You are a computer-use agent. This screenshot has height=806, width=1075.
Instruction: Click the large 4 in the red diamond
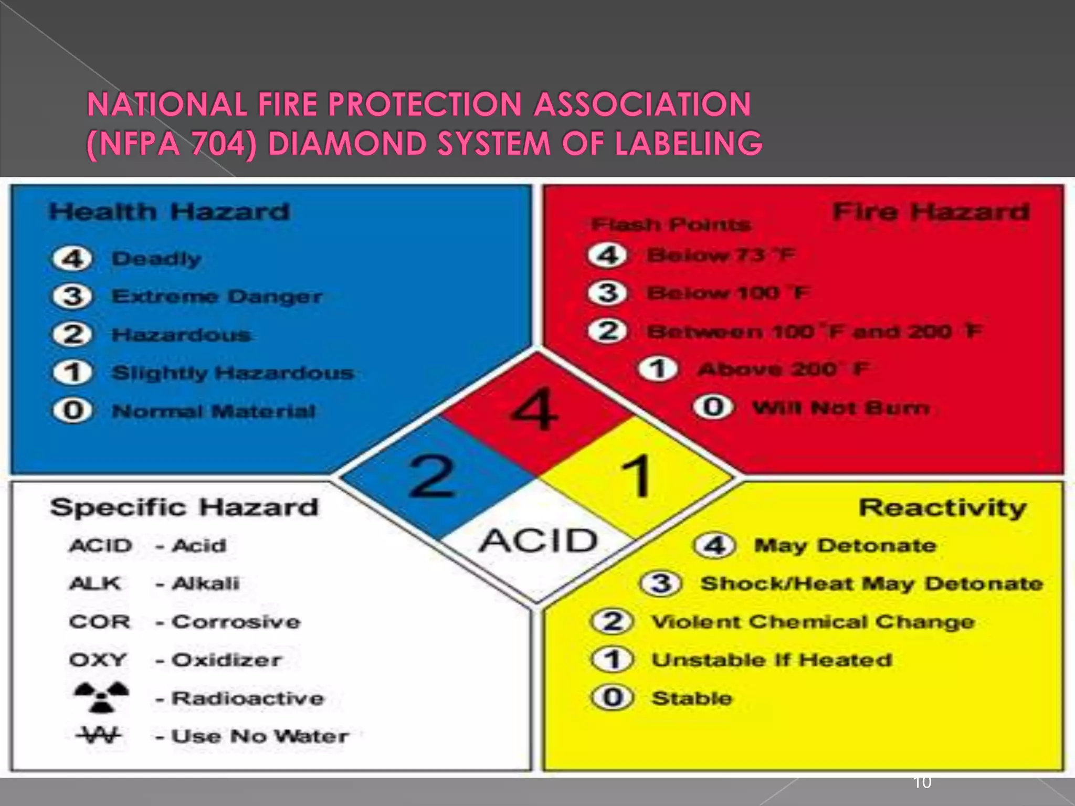pyautogui.click(x=534, y=410)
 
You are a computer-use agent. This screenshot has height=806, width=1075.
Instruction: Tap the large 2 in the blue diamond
pyautogui.click(x=432, y=476)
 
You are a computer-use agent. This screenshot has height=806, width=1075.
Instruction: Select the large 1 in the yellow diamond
pyautogui.click(x=637, y=476)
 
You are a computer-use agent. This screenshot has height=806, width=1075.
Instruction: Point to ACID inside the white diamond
pyautogui.click(x=538, y=540)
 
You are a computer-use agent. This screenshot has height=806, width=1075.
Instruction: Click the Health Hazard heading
pyautogui.click(x=169, y=212)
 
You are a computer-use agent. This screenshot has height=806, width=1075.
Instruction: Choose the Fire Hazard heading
pyautogui.click(x=931, y=212)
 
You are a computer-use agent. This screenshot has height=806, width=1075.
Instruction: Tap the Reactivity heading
pyautogui.click(x=942, y=507)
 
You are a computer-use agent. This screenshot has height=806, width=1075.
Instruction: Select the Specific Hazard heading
pyautogui.click(x=184, y=507)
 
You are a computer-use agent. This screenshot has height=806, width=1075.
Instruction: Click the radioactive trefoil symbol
pyautogui.click(x=101, y=697)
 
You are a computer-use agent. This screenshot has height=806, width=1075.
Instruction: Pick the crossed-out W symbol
pyautogui.click(x=99, y=735)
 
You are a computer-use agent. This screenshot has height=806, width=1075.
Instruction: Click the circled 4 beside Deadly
pyautogui.click(x=72, y=259)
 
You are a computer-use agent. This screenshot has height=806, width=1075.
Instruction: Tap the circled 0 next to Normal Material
pyautogui.click(x=72, y=410)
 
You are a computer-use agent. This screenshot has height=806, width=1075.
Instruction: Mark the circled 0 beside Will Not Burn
pyautogui.click(x=713, y=407)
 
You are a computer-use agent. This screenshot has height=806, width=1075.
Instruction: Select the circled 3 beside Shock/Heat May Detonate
pyautogui.click(x=661, y=584)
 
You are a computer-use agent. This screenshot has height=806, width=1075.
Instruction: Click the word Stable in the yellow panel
pyautogui.click(x=692, y=698)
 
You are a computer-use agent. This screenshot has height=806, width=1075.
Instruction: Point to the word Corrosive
pyautogui.click(x=236, y=622)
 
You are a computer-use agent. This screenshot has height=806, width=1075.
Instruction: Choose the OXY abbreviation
pyautogui.click(x=98, y=660)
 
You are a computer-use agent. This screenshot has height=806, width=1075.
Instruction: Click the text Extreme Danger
pyautogui.click(x=217, y=296)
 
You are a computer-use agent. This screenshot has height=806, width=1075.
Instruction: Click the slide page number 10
pyautogui.click(x=922, y=782)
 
